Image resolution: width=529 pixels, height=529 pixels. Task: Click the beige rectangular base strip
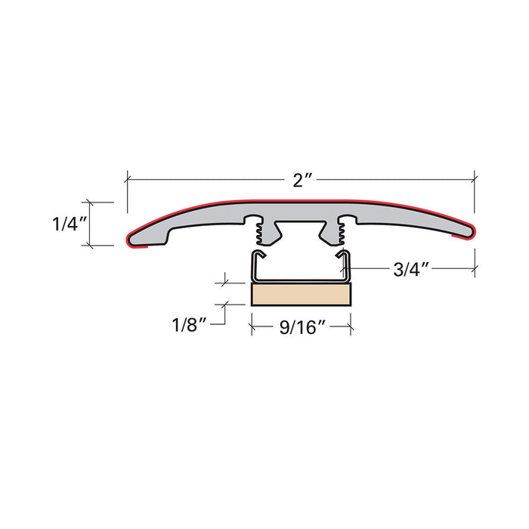(x=302, y=294)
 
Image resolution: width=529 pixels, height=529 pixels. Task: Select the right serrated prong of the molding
(x=342, y=233)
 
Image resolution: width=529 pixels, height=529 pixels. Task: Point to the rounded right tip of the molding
(x=472, y=231)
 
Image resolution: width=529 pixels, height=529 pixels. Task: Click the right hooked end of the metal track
(x=348, y=261)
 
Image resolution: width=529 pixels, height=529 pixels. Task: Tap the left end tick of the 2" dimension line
(x=127, y=179)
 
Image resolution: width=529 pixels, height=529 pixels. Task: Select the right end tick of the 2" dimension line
(x=475, y=179)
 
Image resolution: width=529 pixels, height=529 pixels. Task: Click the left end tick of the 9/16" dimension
(x=251, y=326)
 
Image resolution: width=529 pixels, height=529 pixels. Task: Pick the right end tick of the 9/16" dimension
(x=351, y=326)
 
